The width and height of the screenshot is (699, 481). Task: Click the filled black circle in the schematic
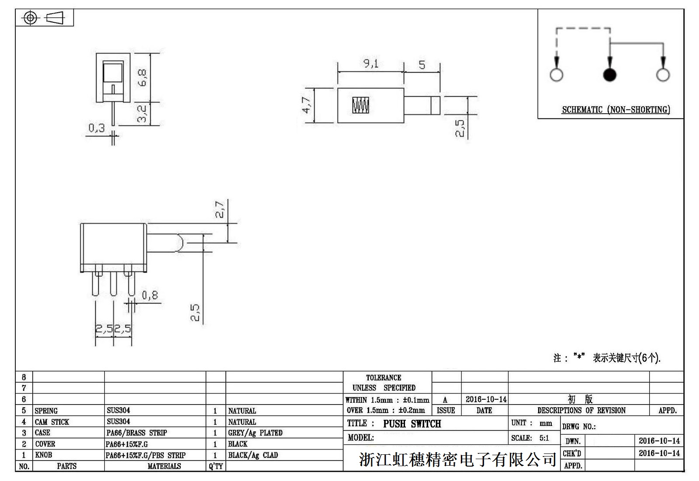(x=609, y=75)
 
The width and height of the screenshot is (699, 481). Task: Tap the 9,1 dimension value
(x=371, y=64)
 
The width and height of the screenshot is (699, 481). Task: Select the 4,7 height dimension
(x=307, y=105)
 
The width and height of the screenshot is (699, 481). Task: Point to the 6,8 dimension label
(x=142, y=77)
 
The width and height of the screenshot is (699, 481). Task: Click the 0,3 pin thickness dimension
(x=97, y=128)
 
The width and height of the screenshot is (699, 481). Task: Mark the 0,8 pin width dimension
(x=150, y=296)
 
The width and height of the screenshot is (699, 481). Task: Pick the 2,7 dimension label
(x=220, y=209)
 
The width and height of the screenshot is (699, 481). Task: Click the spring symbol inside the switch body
(x=361, y=105)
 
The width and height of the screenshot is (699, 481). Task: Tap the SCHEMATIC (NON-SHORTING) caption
(x=616, y=110)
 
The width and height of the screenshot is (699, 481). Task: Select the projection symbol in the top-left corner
(x=44, y=18)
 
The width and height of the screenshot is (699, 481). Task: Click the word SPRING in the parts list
(x=46, y=411)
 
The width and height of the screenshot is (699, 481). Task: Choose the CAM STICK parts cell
(x=52, y=422)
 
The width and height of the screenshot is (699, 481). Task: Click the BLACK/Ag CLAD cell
(x=253, y=455)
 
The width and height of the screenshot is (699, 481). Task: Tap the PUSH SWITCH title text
(x=412, y=424)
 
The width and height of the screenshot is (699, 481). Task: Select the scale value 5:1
(x=544, y=438)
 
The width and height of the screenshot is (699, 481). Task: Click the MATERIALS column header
(x=164, y=466)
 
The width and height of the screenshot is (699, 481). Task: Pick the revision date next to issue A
(x=486, y=399)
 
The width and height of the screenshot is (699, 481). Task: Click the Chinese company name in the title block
(x=457, y=459)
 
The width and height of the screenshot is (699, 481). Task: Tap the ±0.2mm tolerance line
(x=385, y=410)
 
